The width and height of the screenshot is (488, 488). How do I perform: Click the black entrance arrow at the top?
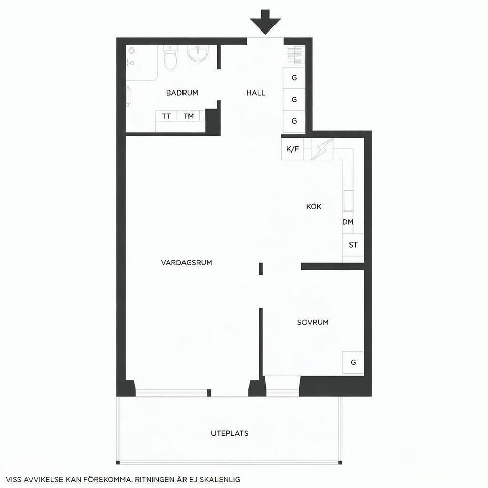click(265, 21)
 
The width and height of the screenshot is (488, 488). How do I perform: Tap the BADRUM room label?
click(181, 93)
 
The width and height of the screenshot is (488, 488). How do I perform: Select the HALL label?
click(256, 93)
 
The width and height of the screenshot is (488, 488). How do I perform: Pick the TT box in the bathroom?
click(166, 116)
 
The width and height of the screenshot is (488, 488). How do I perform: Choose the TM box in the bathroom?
click(189, 116)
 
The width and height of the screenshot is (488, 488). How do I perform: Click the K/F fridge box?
click(292, 149)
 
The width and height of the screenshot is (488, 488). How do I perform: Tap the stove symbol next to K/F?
click(321, 148)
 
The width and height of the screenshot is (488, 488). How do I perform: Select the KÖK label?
click(314, 207)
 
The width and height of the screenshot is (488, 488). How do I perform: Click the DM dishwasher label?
click(348, 222)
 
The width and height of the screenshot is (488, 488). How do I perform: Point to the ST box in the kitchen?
click(353, 245)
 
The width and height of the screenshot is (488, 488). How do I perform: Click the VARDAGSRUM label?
click(186, 263)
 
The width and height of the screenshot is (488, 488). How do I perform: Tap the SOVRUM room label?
click(313, 322)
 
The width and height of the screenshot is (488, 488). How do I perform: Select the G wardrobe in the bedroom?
click(353, 362)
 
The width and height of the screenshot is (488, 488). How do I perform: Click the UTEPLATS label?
click(229, 434)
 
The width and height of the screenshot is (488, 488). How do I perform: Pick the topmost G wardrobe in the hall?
click(294, 78)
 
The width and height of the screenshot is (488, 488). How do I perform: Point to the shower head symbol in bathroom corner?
click(132, 51)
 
